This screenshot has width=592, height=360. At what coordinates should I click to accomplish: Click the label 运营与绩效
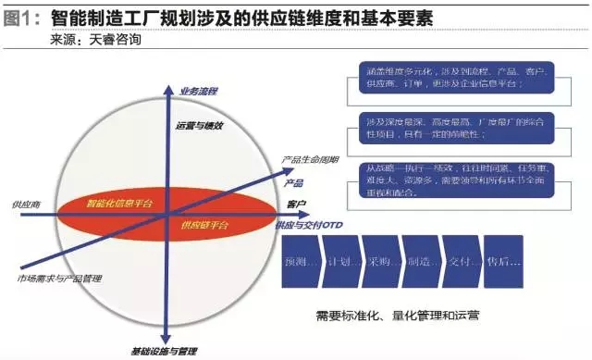coord(197,125)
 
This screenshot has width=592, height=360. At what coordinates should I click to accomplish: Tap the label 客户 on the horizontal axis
coord(297,202)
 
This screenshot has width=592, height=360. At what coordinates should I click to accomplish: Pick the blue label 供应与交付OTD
coord(313,225)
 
